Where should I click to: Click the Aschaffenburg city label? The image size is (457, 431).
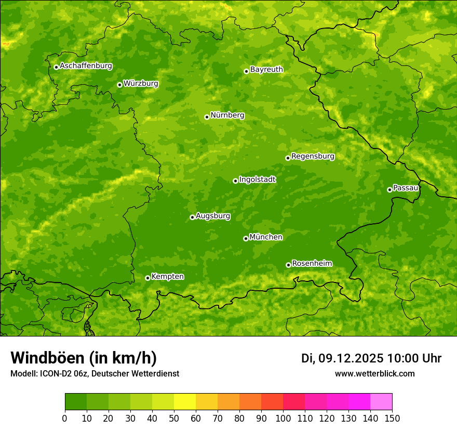click(86, 66)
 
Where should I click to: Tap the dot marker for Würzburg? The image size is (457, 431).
click(119, 85)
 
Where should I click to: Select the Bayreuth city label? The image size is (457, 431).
click(266, 70)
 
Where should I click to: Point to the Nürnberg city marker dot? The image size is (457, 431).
click(207, 117)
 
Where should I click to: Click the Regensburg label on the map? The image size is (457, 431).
click(313, 156)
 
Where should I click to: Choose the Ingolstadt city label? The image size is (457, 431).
click(257, 180)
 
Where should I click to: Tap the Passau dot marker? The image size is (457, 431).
click(389, 190)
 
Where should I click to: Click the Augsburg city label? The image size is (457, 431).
click(212, 216)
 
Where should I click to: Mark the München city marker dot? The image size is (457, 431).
click(246, 238)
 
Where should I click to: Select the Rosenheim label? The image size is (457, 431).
click(312, 264)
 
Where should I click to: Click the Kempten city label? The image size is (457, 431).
click(167, 277)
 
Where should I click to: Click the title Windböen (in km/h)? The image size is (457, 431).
click(84, 358)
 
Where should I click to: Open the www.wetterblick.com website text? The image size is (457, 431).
click(374, 373)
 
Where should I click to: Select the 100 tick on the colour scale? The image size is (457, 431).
click(283, 418)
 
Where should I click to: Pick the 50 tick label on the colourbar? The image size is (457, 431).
click(174, 418)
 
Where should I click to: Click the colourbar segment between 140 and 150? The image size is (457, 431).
click(381, 402)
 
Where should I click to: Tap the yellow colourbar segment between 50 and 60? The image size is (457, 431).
click(185, 402)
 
